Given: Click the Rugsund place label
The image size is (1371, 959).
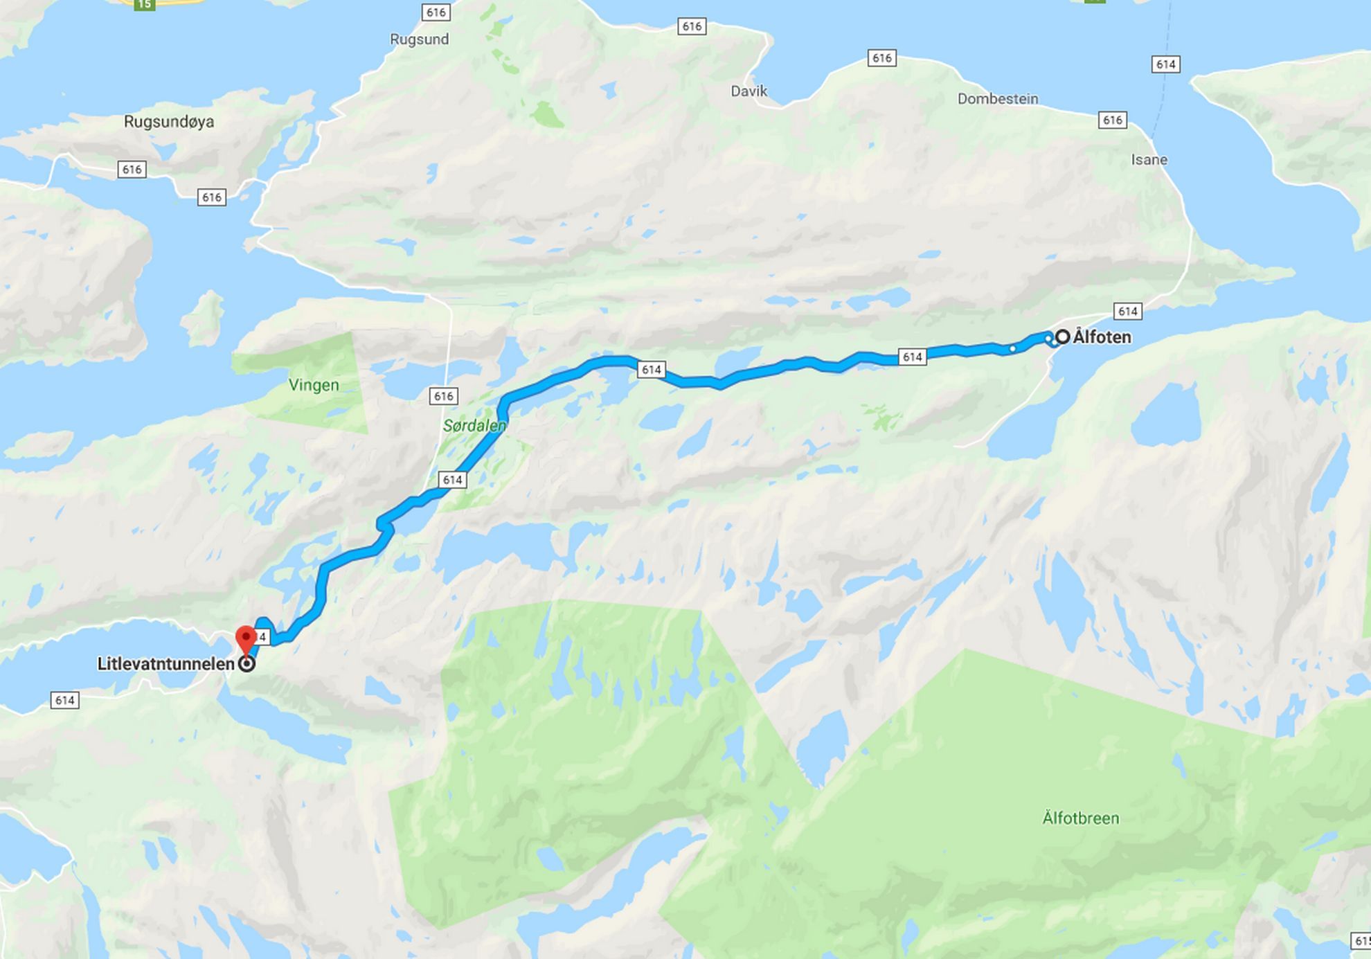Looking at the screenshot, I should [419, 39].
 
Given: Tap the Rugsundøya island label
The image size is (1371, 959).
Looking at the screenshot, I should [169, 122].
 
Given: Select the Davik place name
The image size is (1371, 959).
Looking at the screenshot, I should [749, 91].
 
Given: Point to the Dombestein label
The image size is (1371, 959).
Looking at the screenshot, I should [997, 99].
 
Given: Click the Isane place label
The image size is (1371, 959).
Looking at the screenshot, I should [1149, 160].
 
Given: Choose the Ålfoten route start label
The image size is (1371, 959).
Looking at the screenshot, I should [1102, 337].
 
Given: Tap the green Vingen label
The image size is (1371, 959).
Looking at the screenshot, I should [314, 385].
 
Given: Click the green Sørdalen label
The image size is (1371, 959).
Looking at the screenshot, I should [474, 425].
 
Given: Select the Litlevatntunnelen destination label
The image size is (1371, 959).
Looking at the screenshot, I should [165, 664].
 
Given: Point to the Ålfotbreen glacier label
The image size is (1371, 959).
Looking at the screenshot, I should [1080, 818].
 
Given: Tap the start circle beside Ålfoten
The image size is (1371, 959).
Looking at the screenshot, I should [1062, 337].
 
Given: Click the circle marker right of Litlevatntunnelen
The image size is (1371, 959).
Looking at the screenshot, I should [247, 664].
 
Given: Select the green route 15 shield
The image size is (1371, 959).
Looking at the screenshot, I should [144, 4].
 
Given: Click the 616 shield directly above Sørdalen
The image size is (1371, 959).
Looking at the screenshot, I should [443, 396].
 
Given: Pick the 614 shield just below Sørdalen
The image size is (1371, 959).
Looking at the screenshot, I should [452, 479].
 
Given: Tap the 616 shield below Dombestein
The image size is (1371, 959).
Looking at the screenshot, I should [1112, 120].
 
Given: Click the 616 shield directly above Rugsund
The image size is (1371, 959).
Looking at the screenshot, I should [436, 12].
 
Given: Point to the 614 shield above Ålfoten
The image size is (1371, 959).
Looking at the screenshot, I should [1127, 312].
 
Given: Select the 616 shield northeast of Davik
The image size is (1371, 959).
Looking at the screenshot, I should [881, 58].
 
